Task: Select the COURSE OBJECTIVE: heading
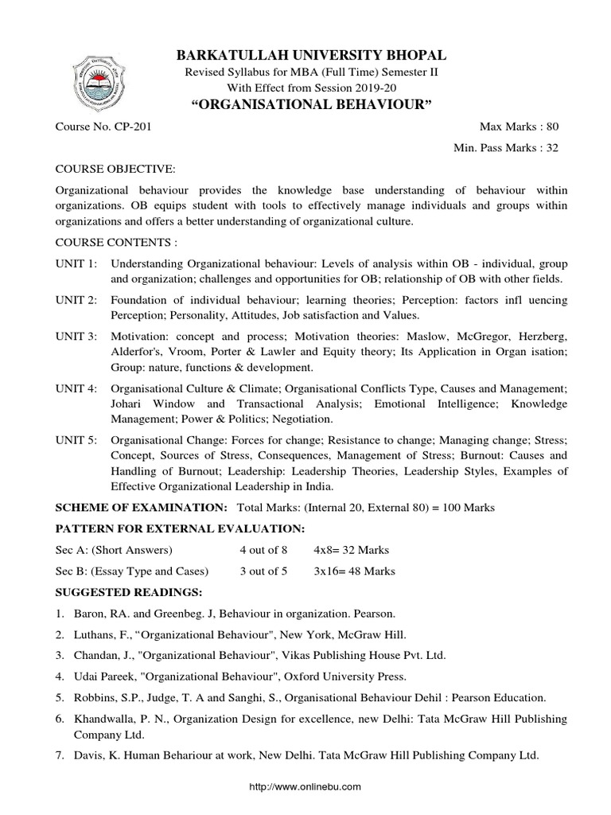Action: [x=114, y=170]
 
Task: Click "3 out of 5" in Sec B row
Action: [x=263, y=571]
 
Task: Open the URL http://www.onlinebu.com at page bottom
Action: [x=305, y=786]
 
